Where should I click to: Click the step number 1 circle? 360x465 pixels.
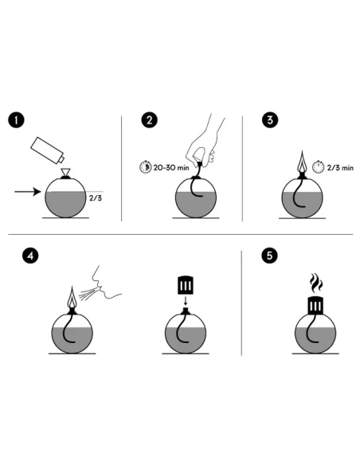(16, 120)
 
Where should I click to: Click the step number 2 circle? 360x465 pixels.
(149, 120)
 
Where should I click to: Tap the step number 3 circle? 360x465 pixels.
(270, 120)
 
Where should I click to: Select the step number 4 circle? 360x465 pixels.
(30, 256)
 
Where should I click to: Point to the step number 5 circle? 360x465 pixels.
(269, 256)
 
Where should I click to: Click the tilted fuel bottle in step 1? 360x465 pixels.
(48, 150)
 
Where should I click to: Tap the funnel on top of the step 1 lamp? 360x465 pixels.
(65, 172)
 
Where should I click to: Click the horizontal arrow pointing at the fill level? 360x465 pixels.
(28, 192)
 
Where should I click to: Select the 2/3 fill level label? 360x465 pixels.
(96, 198)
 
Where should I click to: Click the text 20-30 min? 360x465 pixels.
(171, 167)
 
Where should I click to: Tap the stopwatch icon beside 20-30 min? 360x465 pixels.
(145, 167)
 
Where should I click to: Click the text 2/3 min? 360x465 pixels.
(340, 168)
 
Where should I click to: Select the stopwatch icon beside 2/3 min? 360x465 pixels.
(318, 167)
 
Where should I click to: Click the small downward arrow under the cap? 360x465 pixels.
(186, 301)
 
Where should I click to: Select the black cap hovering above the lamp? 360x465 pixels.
(186, 285)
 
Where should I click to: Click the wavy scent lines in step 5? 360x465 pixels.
(316, 283)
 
